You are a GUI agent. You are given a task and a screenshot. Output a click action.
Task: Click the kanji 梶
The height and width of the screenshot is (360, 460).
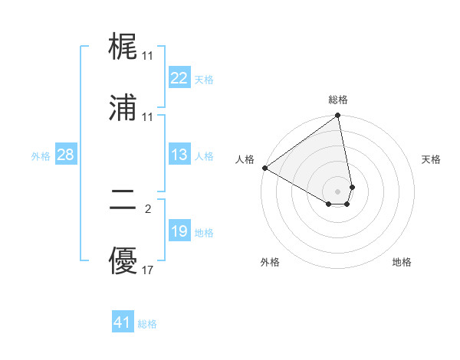click(123, 49)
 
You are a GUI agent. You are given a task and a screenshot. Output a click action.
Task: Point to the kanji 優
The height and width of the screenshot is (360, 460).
click(123, 263)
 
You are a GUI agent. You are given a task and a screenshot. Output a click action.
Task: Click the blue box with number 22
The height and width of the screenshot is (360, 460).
click(179, 78)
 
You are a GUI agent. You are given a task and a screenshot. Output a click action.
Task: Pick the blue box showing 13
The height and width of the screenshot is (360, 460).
click(179, 155)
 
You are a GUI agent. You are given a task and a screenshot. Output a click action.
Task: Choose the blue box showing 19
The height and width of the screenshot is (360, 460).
click(179, 231)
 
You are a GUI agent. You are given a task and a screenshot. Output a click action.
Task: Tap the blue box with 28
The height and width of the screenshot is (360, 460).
click(65, 155)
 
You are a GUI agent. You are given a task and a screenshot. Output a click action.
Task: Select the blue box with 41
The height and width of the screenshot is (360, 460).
click(123, 322)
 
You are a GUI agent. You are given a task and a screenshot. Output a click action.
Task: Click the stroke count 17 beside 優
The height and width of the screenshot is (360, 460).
click(148, 270)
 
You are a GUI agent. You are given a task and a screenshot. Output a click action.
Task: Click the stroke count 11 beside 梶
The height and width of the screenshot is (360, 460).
click(148, 56)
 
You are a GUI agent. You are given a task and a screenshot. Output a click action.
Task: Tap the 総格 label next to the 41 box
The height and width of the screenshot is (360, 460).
click(147, 324)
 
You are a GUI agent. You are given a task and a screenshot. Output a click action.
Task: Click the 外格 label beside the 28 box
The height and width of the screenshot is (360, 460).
click(41, 156)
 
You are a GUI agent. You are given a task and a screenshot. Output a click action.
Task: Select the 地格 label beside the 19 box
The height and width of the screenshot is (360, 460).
click(204, 233)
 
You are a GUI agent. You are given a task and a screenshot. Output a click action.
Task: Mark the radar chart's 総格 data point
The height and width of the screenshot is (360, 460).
click(337, 116)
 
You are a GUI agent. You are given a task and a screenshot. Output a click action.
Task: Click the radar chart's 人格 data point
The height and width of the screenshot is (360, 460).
click(264, 168)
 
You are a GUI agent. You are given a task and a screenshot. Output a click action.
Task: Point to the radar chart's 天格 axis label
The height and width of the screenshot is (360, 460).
click(432, 159)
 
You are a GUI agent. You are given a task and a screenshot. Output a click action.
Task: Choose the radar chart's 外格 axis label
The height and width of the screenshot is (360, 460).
click(270, 262)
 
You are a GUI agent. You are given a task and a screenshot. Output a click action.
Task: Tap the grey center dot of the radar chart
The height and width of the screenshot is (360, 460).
click(337, 191)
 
